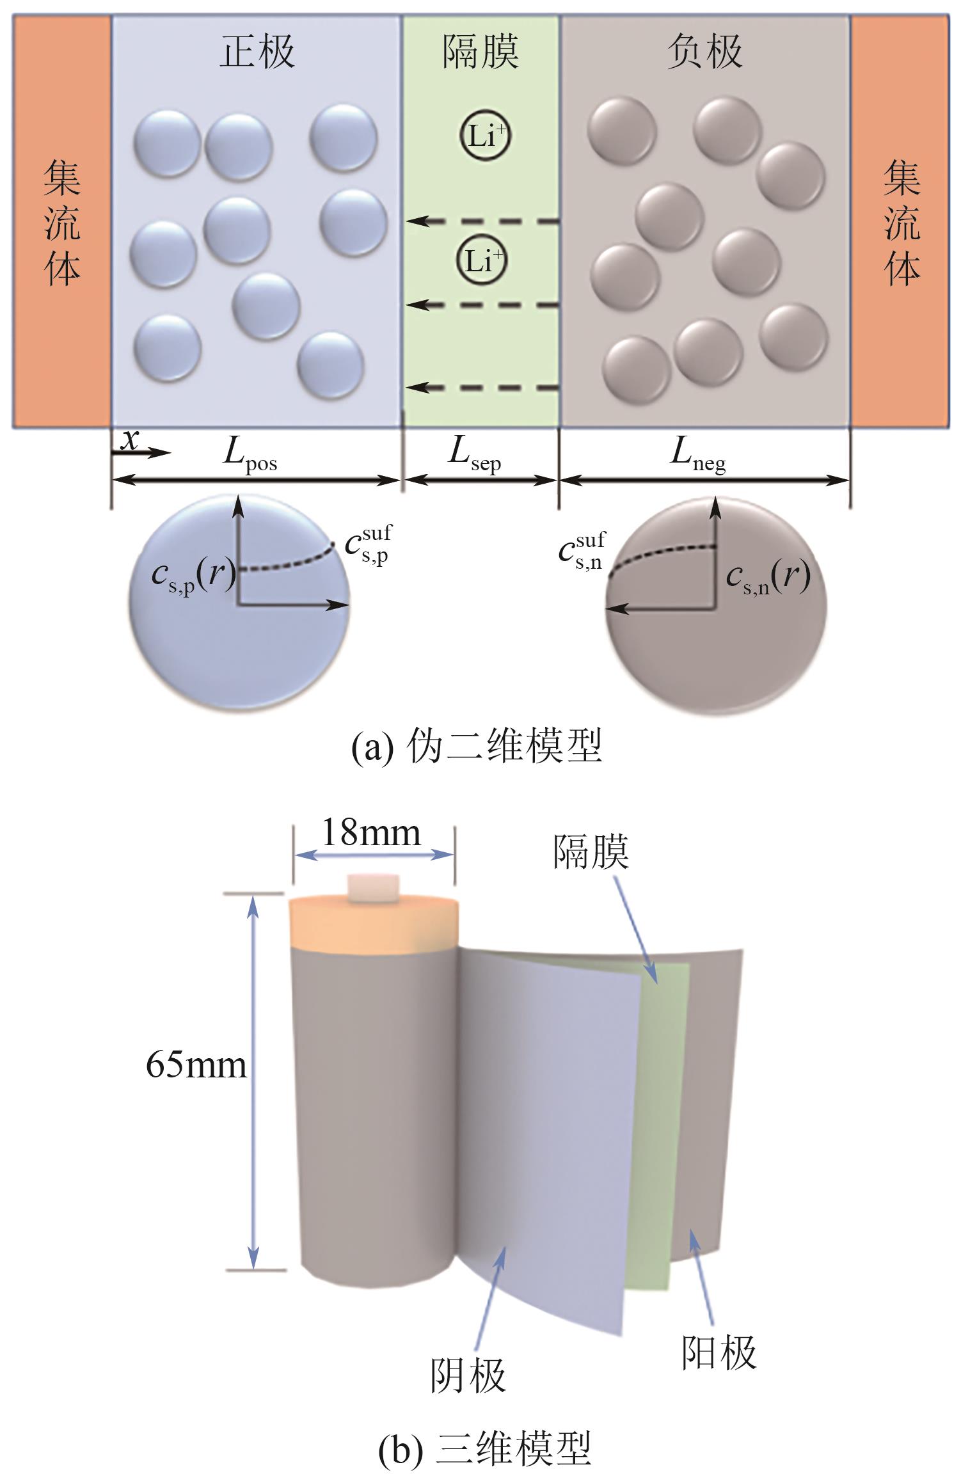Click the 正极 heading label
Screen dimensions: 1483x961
[x=257, y=51]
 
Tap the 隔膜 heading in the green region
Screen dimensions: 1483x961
[x=480, y=51]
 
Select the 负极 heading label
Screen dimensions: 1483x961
[x=704, y=51]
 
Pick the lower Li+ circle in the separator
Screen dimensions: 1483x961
[x=482, y=261]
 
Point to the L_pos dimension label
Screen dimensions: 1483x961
[x=250, y=455]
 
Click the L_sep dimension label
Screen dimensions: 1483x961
[x=474, y=455]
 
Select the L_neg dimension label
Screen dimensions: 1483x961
[x=698, y=455]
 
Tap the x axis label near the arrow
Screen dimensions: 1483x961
[x=130, y=440]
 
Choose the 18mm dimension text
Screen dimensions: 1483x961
[x=371, y=833]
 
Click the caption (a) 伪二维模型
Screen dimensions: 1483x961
[x=477, y=747]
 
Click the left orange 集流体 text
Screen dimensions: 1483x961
[x=62, y=221]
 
